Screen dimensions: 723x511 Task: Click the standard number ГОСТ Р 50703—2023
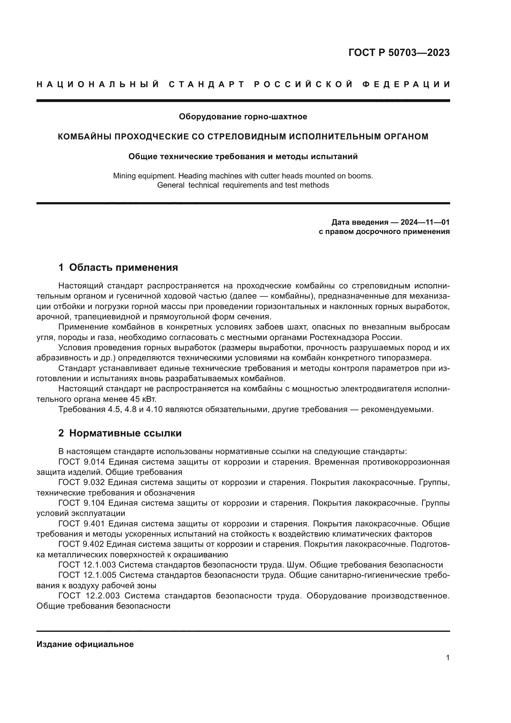coord(399,53)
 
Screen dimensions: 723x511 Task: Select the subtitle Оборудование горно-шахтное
coord(243,117)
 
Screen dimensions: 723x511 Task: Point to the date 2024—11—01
coord(425,222)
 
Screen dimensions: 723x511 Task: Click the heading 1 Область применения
coord(118,267)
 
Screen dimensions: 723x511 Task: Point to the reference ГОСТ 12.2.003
coord(89,595)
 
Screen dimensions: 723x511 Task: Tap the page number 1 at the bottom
coord(447,657)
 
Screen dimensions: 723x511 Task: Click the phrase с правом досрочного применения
coord(384,232)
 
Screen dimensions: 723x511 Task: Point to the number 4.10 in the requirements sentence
coord(154,410)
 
